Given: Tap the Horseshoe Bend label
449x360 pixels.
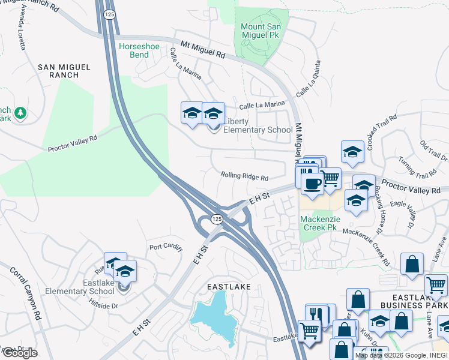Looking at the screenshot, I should coord(140,50).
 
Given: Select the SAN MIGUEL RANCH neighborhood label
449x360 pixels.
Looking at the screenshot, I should coord(58,71).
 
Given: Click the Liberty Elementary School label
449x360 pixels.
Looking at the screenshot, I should coord(258,126).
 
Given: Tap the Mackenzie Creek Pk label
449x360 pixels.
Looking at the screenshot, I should coord(321,224).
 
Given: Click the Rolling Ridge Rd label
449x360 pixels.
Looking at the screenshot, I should coord(244,176).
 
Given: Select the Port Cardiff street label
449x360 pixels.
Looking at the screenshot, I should coord(165,247).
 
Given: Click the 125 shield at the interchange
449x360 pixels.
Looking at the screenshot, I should coord(217,220).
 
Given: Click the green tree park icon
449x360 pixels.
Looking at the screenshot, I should coord(20,112).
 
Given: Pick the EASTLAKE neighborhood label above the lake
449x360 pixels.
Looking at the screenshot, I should coord(229,287).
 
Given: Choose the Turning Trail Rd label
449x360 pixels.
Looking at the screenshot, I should coord(420,169).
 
